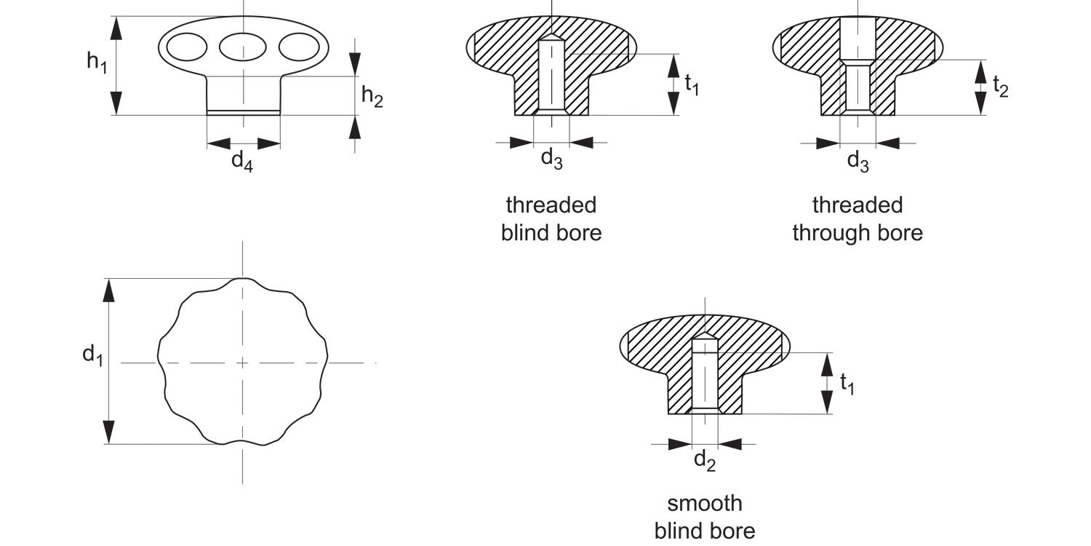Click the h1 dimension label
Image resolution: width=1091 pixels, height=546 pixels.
[97, 62]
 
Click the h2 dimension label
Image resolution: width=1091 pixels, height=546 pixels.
[372, 96]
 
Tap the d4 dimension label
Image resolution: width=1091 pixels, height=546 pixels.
[242, 161]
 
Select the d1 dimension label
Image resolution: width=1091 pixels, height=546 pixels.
[92, 356]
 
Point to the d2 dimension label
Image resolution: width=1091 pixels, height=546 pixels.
[704, 460]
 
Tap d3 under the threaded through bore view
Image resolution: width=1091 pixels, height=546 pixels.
[858, 160]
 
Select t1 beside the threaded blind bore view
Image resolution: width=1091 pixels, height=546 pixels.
[692, 85]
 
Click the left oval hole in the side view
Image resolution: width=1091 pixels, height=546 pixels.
[185, 47]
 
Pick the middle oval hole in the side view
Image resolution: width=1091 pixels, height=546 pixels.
[242, 47]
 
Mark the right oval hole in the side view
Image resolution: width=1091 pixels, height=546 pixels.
[299, 47]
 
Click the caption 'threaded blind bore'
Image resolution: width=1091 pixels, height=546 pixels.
[551, 218]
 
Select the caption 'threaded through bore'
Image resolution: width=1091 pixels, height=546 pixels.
[858, 218]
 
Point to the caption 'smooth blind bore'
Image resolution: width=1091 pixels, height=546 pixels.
[705, 516]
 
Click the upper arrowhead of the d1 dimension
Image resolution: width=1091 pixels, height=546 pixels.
[109, 290]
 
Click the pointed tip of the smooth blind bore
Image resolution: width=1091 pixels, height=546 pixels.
[704, 333]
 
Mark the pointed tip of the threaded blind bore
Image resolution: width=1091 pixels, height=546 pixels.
[552, 34]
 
